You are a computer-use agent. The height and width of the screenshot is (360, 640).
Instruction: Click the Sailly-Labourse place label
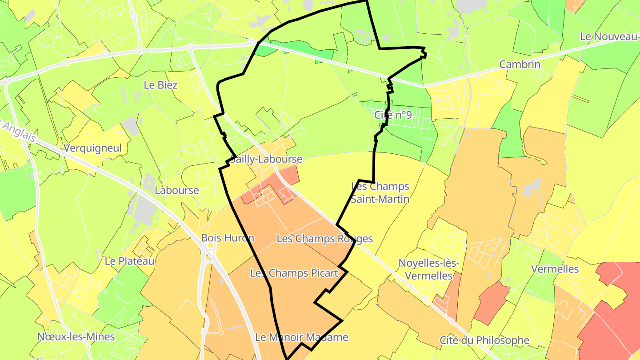coord(266,159)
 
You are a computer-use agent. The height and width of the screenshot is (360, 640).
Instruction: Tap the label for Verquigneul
coord(92,148)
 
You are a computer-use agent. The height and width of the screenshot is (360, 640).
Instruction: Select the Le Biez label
coord(160,85)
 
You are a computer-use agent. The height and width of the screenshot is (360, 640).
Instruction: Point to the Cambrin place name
coord(520,64)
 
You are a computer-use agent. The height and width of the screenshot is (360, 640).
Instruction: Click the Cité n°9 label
coord(393,115)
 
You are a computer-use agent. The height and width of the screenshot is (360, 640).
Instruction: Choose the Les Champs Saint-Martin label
coord(380,192)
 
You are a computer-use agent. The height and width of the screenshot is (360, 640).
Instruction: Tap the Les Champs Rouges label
coord(324,239)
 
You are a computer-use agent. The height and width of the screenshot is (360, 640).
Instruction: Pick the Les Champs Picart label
coord(294,273)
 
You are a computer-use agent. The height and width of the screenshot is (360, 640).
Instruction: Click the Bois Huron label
coord(228,238)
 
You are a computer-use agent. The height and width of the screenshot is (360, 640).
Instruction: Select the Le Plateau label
coord(129,261)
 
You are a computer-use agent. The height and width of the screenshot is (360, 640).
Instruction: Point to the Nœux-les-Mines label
coord(76,336)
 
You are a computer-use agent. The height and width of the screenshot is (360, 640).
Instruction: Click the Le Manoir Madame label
coord(301,337)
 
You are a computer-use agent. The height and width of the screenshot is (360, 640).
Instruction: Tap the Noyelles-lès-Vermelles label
coord(428,269)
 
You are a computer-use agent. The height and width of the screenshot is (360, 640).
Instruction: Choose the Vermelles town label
coord(555,269)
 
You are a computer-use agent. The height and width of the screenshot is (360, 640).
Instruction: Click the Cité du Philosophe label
coord(484,340)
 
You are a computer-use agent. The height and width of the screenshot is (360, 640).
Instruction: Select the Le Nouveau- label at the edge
coord(609,36)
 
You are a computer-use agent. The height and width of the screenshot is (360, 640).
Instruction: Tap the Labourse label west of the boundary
coord(176,190)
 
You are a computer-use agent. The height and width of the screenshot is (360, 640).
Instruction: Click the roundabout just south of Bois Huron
coord(210,245)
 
